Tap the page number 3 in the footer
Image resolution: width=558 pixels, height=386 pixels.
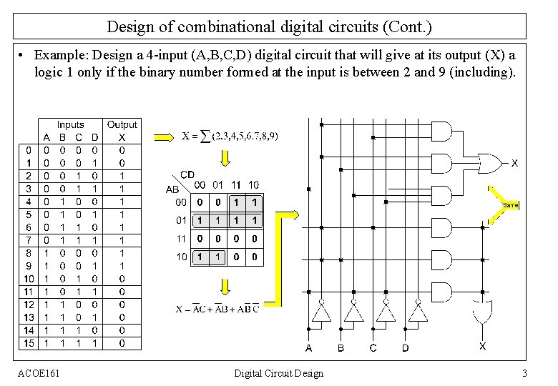(524, 373)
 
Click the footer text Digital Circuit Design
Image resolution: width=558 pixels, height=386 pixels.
(278, 373)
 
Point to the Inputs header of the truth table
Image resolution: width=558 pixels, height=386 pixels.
(70, 124)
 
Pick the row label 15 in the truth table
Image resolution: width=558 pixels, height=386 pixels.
(28, 343)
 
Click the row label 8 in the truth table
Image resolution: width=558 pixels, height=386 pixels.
(28, 253)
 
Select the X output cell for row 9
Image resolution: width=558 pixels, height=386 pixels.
(122, 266)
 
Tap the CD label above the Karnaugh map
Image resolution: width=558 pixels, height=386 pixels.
(187, 174)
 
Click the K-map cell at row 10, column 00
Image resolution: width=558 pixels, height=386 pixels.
(200, 257)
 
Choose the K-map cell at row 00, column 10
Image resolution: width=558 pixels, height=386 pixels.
(253, 202)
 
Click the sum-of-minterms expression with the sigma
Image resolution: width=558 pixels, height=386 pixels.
(230, 136)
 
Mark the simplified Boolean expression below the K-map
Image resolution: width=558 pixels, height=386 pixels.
(217, 309)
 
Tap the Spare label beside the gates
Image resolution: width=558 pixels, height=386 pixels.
(510, 205)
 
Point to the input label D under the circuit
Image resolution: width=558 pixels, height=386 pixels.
(405, 348)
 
